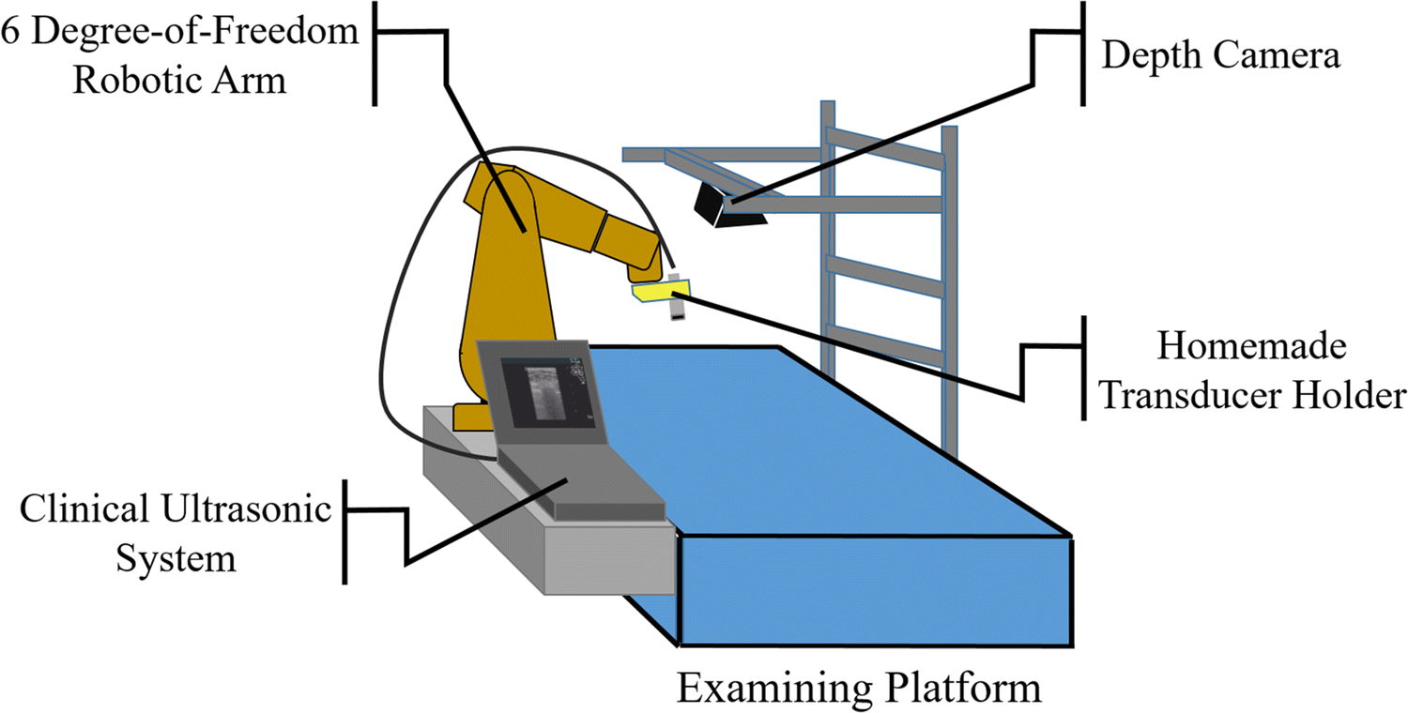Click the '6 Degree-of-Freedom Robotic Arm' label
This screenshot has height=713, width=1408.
pyautogui.click(x=180, y=56)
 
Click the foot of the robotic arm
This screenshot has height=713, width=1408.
pyautogui.click(x=469, y=415)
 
